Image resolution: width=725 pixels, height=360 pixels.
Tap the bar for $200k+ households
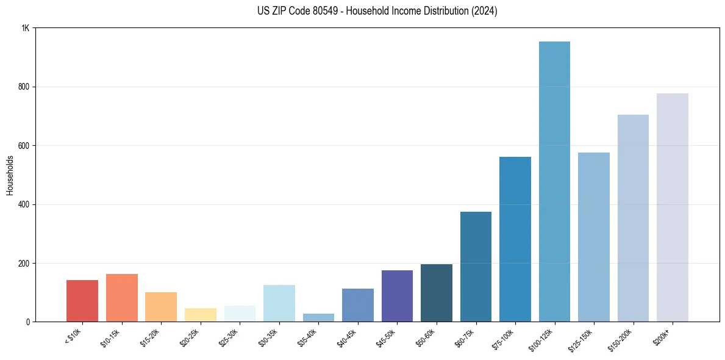(x=672, y=207)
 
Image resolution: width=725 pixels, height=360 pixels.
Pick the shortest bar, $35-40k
(x=318, y=318)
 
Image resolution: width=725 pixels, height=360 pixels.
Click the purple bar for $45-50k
(x=397, y=296)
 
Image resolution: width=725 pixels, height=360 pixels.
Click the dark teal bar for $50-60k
(x=437, y=293)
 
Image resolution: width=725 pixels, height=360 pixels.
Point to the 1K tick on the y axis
(x=25, y=28)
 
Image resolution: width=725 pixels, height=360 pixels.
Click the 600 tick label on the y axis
(x=24, y=146)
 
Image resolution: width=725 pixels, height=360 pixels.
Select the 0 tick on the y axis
(x=27, y=322)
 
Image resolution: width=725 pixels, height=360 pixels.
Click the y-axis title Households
(x=10, y=175)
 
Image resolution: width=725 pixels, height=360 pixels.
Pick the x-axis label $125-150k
(x=582, y=339)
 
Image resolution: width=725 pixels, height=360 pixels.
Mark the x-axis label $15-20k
(x=151, y=337)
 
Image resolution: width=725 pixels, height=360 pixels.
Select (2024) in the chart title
(x=484, y=11)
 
